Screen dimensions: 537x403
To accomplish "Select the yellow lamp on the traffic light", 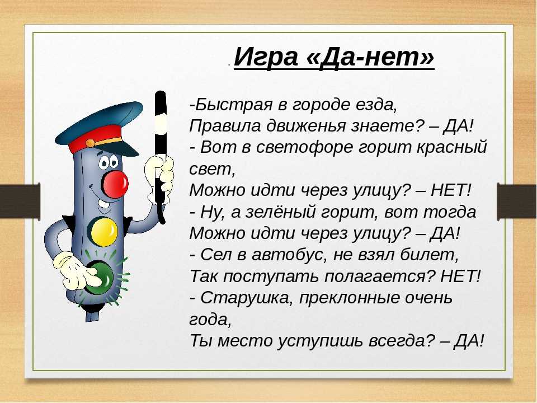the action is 104,231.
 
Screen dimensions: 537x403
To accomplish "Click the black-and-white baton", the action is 161,157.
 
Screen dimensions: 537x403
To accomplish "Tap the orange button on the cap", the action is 89,143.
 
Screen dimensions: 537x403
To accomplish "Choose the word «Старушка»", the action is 246,298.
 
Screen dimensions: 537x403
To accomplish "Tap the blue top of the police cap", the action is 100,121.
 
